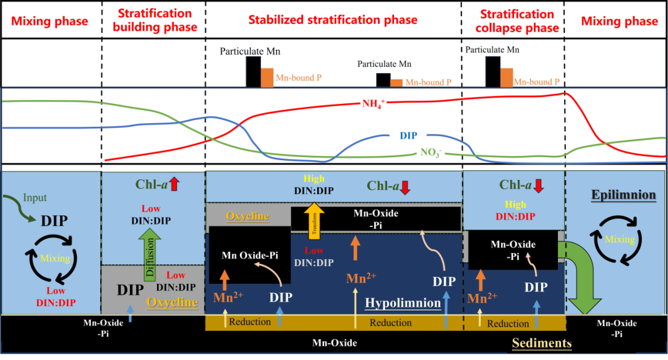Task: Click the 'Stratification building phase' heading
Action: pos(153,20)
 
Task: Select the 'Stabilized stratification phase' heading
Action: pos(333,20)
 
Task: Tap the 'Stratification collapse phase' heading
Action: pos(513,20)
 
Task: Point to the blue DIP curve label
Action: pos(408,135)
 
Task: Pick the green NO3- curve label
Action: pos(432,152)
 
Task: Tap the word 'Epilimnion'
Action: pos(615,195)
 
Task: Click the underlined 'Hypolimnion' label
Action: pos(403,303)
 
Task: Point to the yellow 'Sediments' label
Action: pos(541,343)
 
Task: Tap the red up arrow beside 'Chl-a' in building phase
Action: pos(174,184)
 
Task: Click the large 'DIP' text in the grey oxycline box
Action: pos(131,289)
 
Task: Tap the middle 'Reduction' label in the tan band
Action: pos(390,323)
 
